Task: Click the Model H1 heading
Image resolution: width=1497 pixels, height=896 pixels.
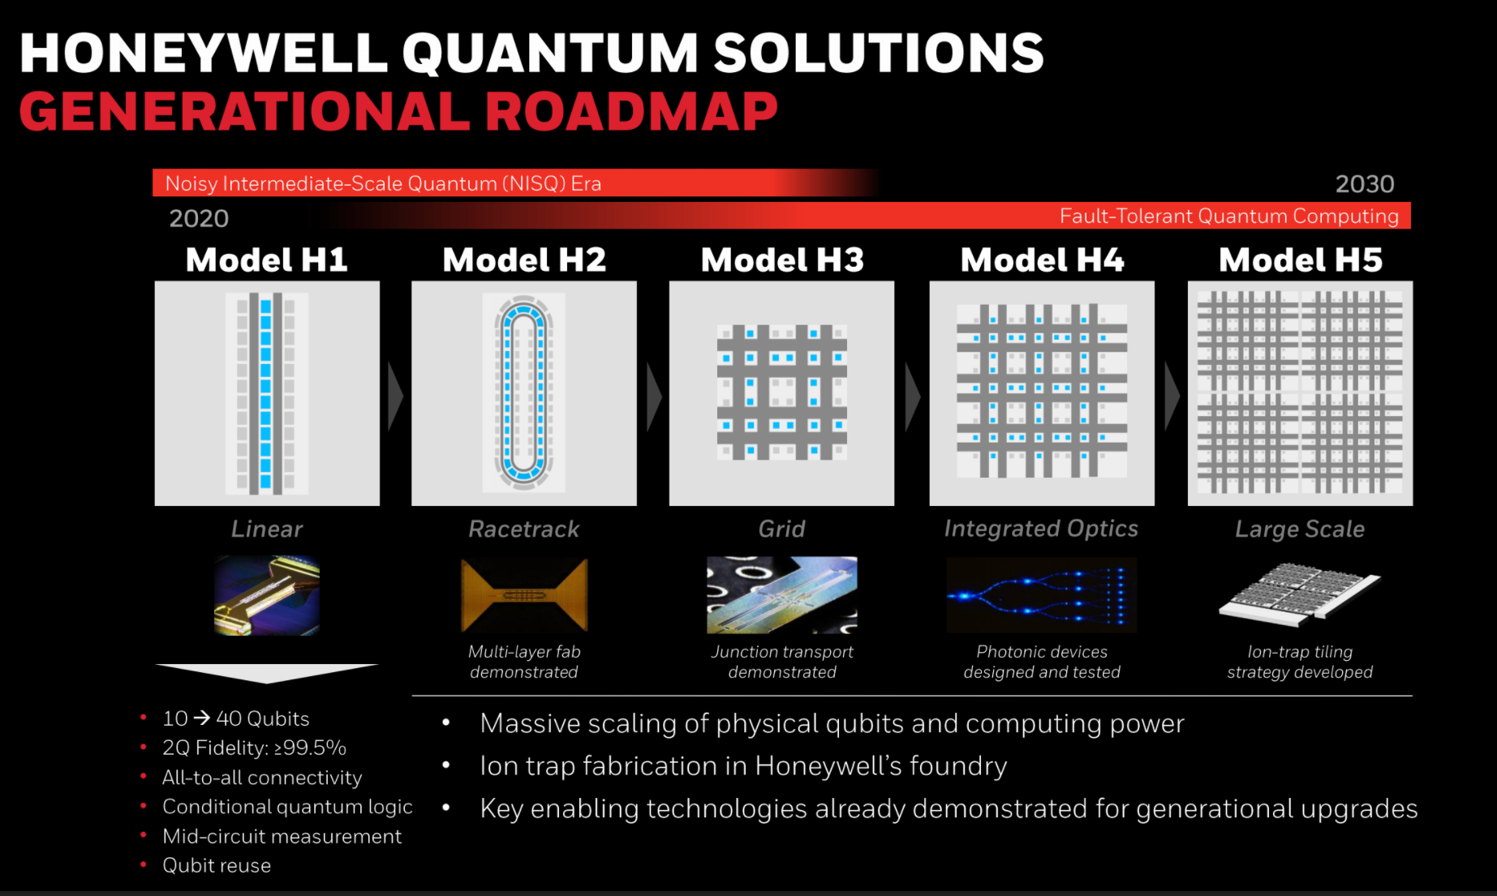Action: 267,260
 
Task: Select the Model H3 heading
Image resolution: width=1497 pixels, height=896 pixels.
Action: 782,260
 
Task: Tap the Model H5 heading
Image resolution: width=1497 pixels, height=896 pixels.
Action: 1301,260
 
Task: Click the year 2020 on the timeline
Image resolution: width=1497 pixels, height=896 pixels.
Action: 199,218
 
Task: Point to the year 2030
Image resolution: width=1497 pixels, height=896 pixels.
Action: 1365,184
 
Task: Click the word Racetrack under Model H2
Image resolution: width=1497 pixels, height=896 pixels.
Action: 524,529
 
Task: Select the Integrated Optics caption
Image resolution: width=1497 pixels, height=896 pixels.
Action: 1041,529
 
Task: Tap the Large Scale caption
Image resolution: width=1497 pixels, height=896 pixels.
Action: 1300,529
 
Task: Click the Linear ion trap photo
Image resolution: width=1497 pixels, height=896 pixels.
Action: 267,595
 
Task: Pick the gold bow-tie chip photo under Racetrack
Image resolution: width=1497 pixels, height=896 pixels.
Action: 524,595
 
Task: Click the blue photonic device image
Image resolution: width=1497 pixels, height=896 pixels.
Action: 1042,595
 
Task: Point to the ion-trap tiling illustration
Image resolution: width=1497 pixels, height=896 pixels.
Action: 1299,595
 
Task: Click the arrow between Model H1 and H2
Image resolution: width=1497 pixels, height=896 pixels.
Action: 395,397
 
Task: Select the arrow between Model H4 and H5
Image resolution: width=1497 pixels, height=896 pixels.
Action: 1172,397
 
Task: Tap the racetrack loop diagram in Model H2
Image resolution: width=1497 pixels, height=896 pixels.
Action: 524,393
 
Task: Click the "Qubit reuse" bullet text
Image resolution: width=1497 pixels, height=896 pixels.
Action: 217,865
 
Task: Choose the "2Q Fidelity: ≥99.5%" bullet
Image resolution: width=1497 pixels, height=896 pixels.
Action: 254,748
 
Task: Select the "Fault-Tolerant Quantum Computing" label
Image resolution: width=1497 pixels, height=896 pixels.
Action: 1229,216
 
